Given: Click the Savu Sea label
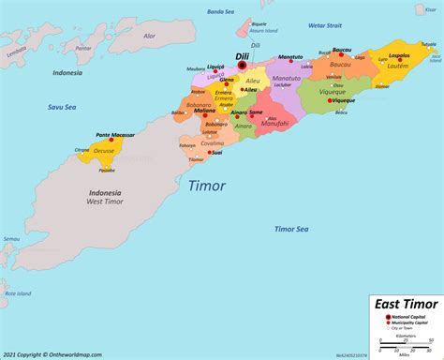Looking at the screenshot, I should (x=63, y=132).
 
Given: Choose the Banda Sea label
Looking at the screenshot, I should (x=219, y=11).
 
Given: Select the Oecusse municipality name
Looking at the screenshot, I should (x=103, y=175).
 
